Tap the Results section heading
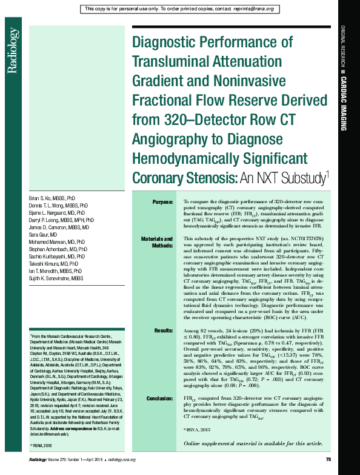tap(164, 331)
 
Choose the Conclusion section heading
tap(160, 398)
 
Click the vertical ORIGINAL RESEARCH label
tap(343, 45)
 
